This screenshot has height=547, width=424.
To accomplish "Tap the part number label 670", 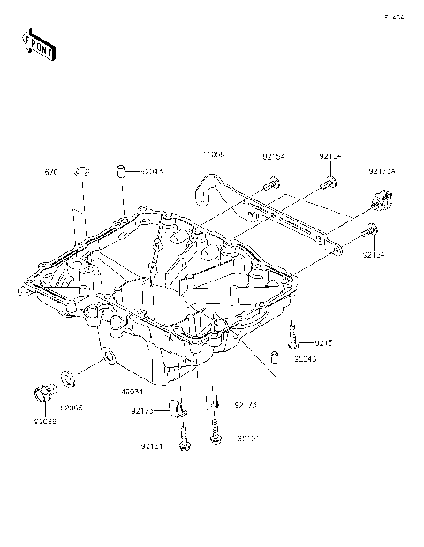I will [51, 173].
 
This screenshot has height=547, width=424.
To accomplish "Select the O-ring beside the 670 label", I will [80, 170].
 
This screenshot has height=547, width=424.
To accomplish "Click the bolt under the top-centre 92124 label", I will [329, 183].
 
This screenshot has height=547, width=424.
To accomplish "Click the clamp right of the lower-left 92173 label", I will [181, 408].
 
